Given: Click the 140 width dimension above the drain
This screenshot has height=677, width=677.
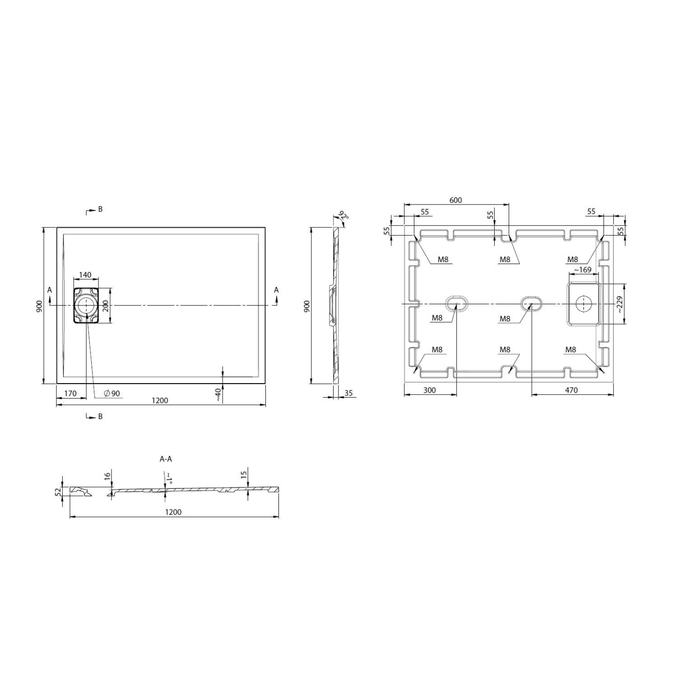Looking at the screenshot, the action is coord(85,275).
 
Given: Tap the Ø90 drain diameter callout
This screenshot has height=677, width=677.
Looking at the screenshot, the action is coord(112,394).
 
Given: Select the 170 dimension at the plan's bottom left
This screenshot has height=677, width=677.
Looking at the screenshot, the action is coord(70,394).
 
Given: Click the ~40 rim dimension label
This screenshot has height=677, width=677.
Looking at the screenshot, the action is coord(218,394).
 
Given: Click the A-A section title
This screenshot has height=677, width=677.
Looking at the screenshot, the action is coord(166,459).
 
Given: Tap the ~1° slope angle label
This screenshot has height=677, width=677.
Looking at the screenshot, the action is coord(169,478).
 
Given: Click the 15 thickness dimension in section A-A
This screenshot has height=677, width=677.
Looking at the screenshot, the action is coord(244,474).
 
